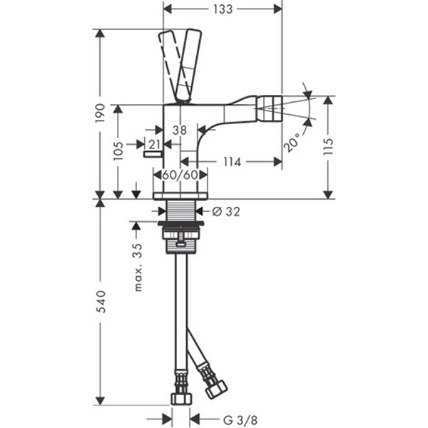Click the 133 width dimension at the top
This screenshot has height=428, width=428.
tap(223, 9)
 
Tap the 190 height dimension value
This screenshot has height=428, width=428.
tap(100, 113)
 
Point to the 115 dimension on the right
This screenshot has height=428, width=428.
tap(328, 146)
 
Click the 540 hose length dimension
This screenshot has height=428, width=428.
tap(100, 302)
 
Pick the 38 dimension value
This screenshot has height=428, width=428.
tap(180, 131)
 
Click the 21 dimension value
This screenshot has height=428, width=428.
tap(154, 145)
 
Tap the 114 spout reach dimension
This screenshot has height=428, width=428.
tap(233, 162)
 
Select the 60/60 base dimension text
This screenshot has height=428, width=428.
tap(180, 175)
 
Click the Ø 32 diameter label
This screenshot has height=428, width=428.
tap(226, 212)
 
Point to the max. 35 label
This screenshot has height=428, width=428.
tap(138, 267)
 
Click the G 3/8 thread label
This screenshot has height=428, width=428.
tap(240, 419)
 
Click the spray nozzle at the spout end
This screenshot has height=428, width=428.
tap(269, 109)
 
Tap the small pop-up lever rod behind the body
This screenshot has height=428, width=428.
tap(153, 155)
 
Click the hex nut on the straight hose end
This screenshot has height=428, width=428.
tap(181, 398)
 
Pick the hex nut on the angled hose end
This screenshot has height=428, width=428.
tap(216, 389)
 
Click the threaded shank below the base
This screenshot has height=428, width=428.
tap(180, 210)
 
